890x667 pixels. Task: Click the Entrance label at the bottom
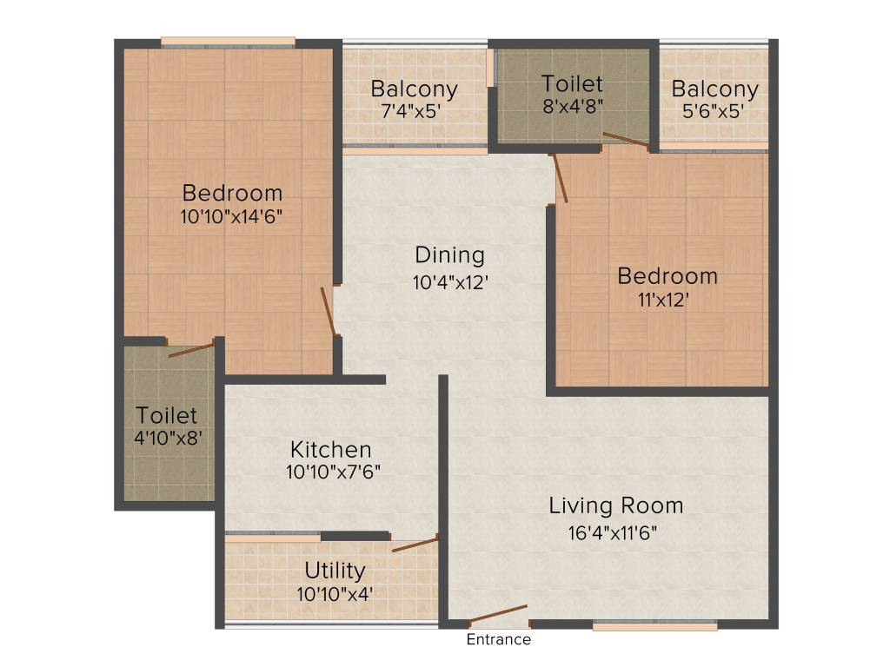499,640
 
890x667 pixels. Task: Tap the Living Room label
615,505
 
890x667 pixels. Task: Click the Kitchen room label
330,450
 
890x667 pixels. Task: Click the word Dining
449,255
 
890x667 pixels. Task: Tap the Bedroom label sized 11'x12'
667,276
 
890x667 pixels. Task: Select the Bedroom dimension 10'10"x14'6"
232,217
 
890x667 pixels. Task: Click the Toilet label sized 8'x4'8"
572,84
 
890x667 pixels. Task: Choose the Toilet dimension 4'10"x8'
168,439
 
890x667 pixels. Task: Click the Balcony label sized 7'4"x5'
414,89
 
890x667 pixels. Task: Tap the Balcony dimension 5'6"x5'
714,112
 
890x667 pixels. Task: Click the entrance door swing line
499,614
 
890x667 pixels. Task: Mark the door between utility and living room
415,545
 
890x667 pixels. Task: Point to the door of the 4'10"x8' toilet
191,350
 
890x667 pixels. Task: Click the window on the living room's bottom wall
655,624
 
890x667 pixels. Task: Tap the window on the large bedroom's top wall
228,40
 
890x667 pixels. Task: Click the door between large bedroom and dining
328,311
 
